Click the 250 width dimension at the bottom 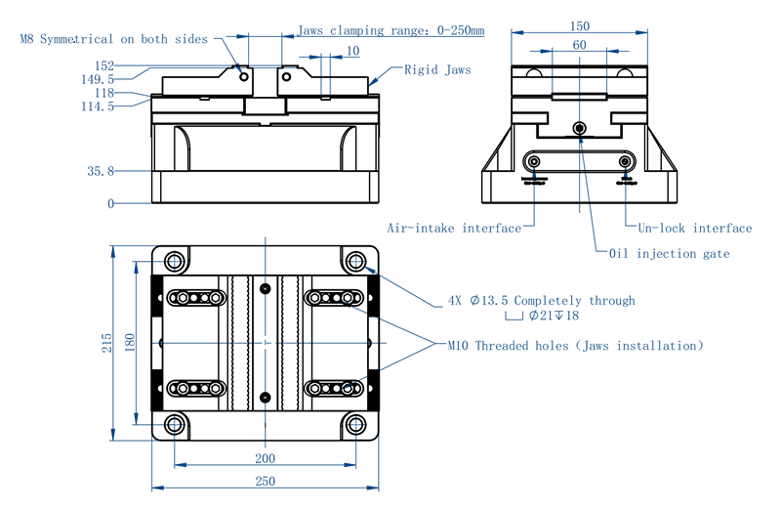tap(265, 480)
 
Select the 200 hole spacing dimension tap(265, 457)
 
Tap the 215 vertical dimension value tap(106, 343)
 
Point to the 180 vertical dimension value tap(129, 343)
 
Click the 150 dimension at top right tap(579, 25)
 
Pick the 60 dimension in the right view tap(579, 45)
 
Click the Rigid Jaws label tap(437, 70)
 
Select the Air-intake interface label tap(454, 229)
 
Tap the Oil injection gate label tap(669, 254)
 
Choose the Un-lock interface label tap(695, 229)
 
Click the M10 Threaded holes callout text tap(575, 346)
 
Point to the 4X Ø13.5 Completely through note tap(541, 301)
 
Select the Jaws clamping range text tap(390, 30)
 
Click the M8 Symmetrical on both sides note tap(113, 39)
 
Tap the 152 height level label tap(104, 65)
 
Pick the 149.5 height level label tap(98, 79)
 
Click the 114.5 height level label tap(98, 106)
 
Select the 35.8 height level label tap(101, 171)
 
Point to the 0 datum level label tap(110, 204)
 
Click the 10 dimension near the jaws tap(352, 51)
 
